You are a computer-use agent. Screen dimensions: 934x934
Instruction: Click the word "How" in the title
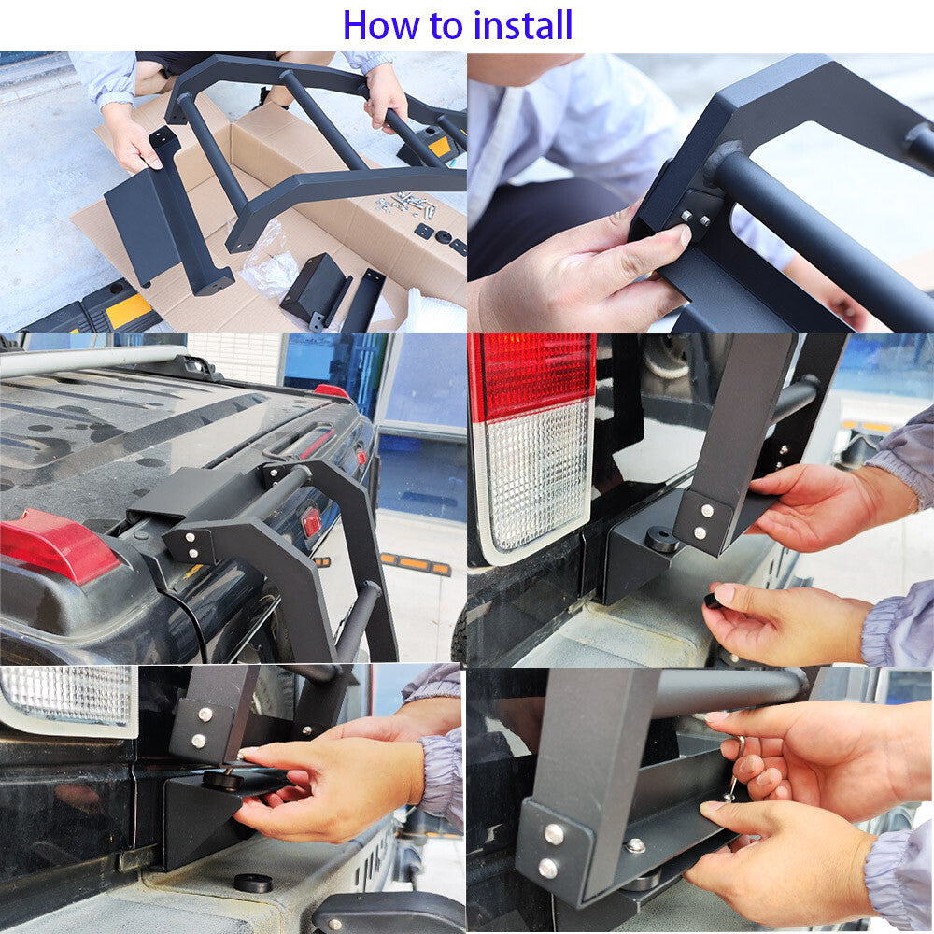381,25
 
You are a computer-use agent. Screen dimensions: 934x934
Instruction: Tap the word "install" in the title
523,25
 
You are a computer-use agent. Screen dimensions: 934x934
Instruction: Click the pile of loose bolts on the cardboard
406,204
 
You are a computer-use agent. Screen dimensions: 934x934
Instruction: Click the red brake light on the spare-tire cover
57,545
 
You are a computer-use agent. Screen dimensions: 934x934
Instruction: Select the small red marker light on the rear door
311,521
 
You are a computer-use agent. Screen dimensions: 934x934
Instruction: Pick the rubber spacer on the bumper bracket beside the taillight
662,542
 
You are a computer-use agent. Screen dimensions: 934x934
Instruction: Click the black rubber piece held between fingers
711,600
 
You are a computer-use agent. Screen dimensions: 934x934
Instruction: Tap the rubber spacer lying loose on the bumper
253,883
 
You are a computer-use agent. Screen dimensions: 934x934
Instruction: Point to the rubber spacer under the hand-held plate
223,780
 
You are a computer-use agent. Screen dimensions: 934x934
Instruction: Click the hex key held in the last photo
732,769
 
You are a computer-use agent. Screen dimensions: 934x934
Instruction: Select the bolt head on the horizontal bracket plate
635,844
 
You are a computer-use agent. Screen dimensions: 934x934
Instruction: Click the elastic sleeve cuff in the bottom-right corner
899,872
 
